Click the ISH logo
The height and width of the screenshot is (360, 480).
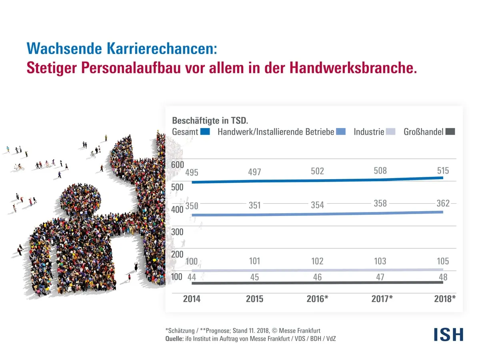pos(448,334)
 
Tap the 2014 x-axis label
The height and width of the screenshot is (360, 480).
pos(192,299)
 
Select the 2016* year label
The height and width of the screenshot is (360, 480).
pos(317,299)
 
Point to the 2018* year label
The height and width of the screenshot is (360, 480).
pos(445,299)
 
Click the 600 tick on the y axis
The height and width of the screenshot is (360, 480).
pos(178,165)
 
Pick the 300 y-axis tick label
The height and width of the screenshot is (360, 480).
pos(178,232)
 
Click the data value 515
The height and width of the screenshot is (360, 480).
pos(443,171)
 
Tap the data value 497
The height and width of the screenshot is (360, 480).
pos(254,172)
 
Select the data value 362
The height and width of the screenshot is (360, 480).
pos(443,204)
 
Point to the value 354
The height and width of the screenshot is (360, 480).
pos(317,205)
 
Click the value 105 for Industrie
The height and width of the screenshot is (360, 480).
pos(443,261)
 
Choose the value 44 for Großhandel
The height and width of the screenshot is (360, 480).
pos(192,277)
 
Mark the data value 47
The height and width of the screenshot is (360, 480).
pos(380,277)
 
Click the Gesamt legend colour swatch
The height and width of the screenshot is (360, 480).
pos(205,132)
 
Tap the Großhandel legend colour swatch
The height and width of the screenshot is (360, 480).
pos(450,132)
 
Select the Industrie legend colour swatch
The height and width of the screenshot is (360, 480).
pos(390,132)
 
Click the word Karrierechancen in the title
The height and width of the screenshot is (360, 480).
pos(161,48)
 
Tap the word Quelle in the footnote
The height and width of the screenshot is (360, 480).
pos(174,339)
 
